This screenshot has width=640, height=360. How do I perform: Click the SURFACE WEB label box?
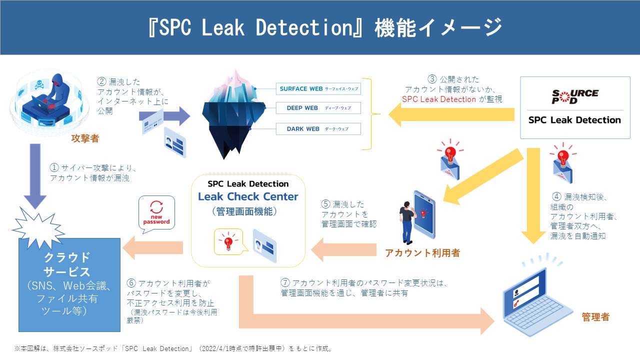(318, 89)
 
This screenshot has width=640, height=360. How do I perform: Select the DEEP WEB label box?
(318, 108)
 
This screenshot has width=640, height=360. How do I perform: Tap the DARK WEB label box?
(318, 129)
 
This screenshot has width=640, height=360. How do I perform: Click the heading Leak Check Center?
(248, 196)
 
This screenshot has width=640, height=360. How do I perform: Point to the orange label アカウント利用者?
(422, 253)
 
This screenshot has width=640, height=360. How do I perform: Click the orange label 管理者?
(595, 317)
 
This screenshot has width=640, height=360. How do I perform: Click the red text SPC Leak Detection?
(439, 99)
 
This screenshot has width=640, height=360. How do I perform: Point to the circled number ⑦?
(284, 283)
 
